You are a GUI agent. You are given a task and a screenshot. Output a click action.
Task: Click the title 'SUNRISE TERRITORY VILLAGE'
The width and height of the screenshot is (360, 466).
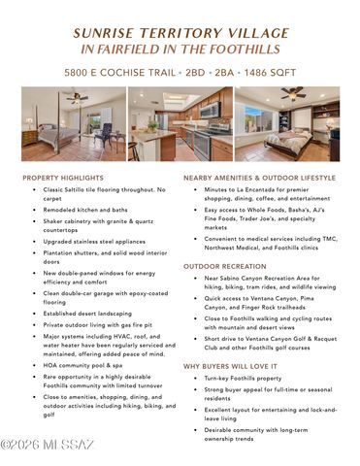tap(180, 32)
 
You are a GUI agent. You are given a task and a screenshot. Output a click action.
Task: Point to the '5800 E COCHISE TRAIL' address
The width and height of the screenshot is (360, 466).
tap(120, 72)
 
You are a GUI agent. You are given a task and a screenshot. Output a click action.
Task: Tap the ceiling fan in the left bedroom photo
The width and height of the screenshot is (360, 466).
tap(75, 96)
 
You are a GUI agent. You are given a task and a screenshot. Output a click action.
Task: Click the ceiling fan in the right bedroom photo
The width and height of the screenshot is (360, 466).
tap(295, 93)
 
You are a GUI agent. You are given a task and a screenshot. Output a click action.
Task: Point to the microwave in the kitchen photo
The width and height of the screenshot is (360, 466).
tap(210, 110)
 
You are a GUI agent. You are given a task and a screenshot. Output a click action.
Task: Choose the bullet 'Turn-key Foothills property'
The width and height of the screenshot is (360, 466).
tap(243, 378)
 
